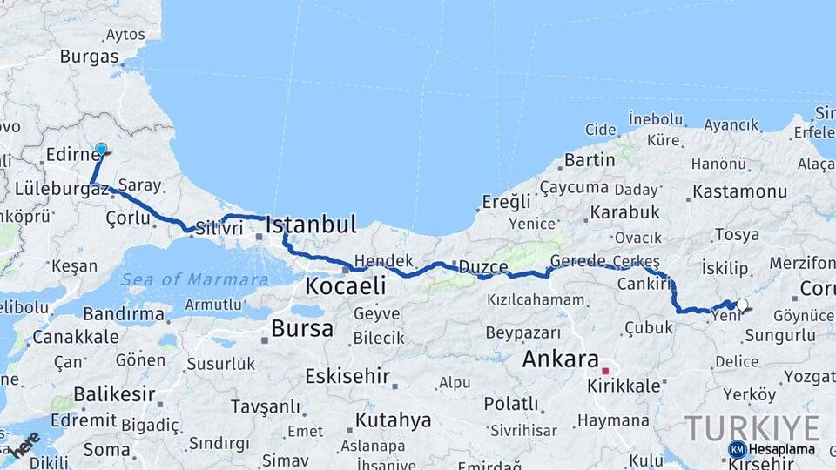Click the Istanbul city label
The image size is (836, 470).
(311, 225)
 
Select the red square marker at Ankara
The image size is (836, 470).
(605, 371)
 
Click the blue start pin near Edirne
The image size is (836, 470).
(101, 150)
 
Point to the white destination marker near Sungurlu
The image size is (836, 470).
(742, 305)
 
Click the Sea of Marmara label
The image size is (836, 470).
(195, 279)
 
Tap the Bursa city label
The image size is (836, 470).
(302, 329)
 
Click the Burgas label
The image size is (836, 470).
(89, 57)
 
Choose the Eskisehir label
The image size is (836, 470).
(346, 376)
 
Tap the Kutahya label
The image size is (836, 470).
(393, 420)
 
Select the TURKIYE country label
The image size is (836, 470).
(752, 427)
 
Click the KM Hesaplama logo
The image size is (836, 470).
(772, 449)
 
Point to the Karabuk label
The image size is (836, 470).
(624, 211)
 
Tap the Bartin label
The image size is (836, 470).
(590, 160)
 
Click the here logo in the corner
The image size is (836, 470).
(24, 443)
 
